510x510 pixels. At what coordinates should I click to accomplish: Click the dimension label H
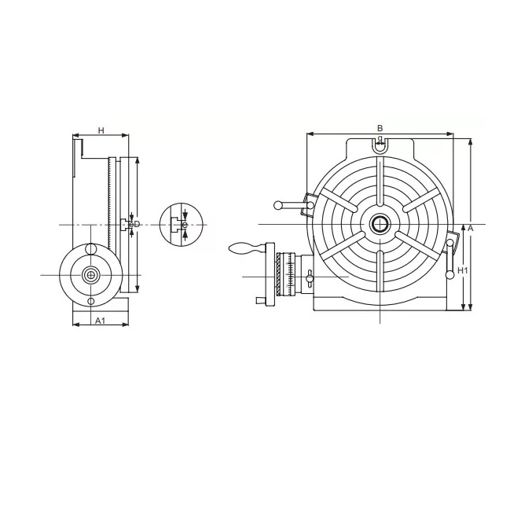[x=101, y=130]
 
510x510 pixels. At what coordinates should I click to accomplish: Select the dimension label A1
[x=100, y=321]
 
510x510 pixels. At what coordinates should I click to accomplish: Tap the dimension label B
[x=380, y=127]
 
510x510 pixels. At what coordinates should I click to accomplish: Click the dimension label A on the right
[x=470, y=227]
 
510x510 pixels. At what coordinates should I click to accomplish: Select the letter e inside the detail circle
[x=184, y=226]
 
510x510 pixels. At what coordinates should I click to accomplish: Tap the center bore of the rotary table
[x=380, y=224]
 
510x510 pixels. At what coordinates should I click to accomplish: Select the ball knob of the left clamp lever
[x=278, y=206]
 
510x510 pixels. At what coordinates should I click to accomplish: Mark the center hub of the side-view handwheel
[x=91, y=274]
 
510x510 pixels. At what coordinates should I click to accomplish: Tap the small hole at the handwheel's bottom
[x=91, y=301]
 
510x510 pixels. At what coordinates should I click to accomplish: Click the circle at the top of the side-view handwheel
[x=91, y=249]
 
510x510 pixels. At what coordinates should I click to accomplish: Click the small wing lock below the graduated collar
[x=261, y=299]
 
